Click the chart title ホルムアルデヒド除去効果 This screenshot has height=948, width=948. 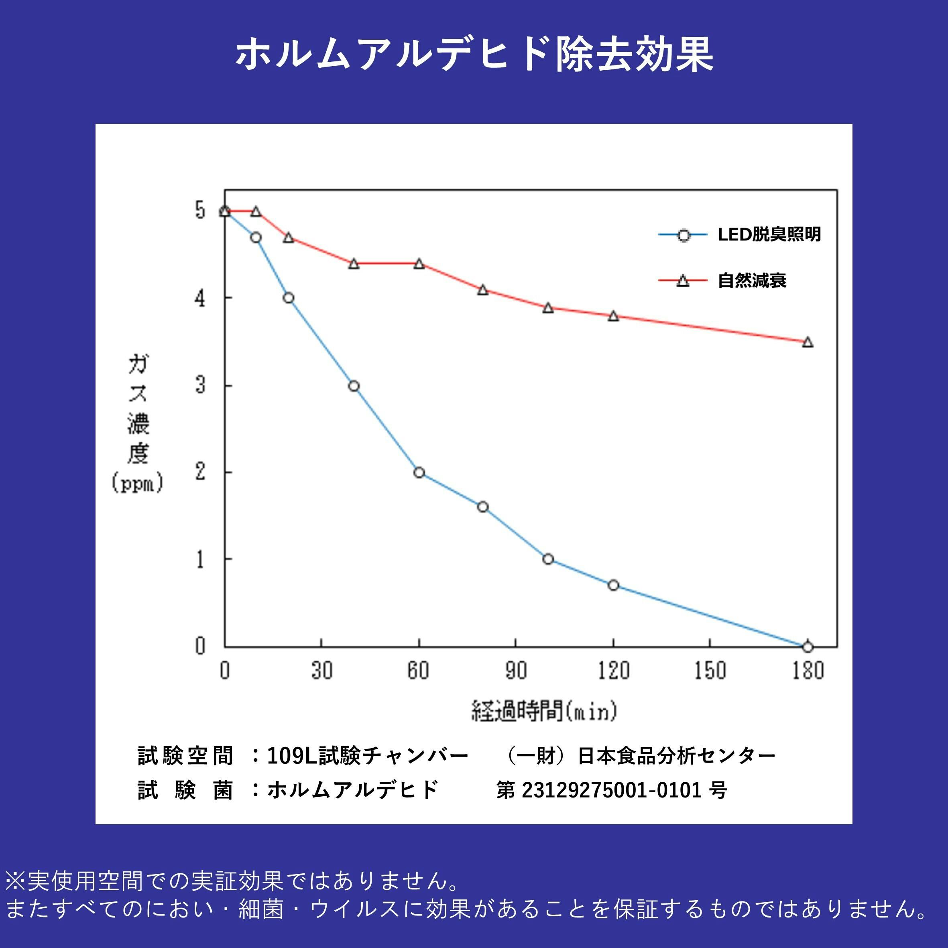(474, 54)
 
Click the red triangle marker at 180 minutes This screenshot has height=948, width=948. (808, 342)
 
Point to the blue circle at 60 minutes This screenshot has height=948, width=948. (419, 472)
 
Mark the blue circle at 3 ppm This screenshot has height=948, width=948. (354, 386)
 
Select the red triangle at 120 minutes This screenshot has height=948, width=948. (613, 316)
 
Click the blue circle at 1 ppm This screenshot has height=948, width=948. (548, 559)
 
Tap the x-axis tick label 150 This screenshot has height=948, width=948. (710, 670)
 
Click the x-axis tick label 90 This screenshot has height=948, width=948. (515, 670)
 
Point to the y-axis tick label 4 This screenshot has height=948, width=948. (200, 298)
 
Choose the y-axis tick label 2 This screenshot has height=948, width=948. (200, 472)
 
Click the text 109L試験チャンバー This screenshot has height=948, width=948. (368, 756)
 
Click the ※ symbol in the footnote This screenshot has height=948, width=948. (15, 881)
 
